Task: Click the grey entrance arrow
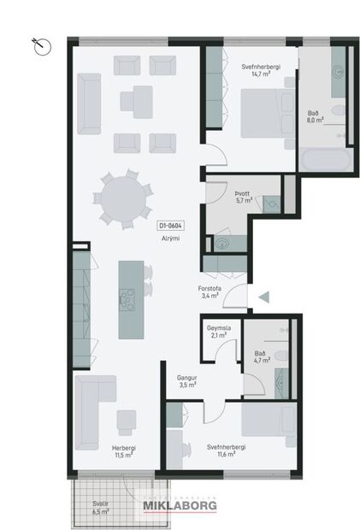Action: tap(264, 297)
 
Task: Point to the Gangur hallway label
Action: tap(187, 377)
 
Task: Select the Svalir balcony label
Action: tap(100, 503)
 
